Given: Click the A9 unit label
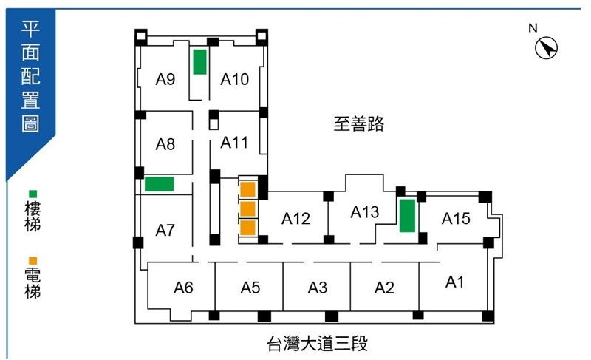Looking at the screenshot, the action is click(165, 79).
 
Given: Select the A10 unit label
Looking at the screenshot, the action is click(234, 79).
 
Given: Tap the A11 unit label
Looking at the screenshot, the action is click(234, 143).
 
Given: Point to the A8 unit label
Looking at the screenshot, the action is click(165, 144).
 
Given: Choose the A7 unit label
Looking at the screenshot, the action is click(165, 230).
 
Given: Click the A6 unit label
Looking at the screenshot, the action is click(183, 288).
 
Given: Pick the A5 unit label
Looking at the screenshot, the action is click(250, 288).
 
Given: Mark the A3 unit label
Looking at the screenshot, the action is click(318, 288).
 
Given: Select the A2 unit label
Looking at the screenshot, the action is click(384, 288).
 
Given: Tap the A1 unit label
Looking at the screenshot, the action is click(454, 282).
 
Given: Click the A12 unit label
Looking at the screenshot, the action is click(296, 219).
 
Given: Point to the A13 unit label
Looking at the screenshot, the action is click(365, 212).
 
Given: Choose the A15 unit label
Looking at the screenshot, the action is click(456, 219).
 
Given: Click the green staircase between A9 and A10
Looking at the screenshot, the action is click(199, 62).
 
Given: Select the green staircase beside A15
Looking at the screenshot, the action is click(408, 216).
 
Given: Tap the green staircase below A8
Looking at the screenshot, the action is click(160, 184).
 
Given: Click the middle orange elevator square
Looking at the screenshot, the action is click(248, 208).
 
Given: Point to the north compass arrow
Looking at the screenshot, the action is click(547, 48).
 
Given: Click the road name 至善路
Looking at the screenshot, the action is click(359, 123).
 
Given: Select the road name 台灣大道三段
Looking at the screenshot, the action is click(318, 344).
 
